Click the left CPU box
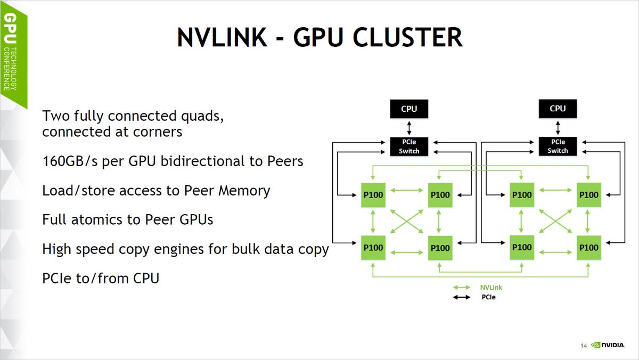[409, 109]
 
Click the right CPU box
[558, 109]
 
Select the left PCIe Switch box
[409, 146]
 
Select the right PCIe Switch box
[558, 146]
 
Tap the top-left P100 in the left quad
[373, 195]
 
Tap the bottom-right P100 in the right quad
[588, 248]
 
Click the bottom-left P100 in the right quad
[522, 248]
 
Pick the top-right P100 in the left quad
[440, 195]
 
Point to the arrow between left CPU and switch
[409, 128]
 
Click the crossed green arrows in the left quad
[406, 220]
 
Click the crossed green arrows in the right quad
[555, 220]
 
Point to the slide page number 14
[583, 346]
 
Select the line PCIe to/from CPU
[101, 277]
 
